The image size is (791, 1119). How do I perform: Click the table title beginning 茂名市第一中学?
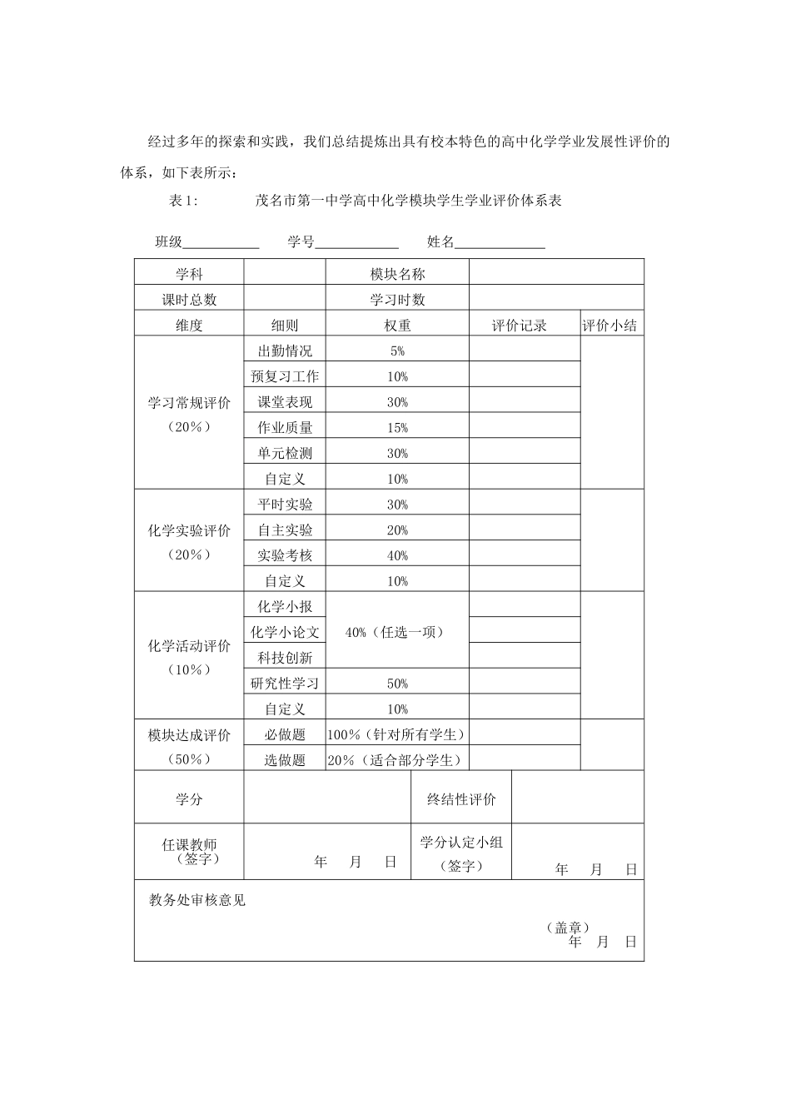[409, 201]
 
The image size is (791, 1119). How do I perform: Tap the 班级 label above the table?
[168, 242]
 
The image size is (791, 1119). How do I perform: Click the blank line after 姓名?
[500, 244]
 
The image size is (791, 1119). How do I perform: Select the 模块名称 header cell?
[397, 274]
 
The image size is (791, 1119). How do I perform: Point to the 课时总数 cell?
[189, 300]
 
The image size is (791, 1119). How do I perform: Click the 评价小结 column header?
[610, 326]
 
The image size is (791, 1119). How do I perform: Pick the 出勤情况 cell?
[285, 351]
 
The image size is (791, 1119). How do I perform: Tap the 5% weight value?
[397, 351]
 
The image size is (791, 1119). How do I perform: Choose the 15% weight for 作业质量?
[397, 428]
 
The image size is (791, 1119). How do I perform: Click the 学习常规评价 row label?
[189, 403]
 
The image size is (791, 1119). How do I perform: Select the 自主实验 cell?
[285, 530]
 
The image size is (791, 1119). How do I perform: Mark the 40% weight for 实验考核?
[397, 556]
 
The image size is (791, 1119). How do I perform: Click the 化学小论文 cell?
[285, 633]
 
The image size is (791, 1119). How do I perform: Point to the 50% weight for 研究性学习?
[397, 684]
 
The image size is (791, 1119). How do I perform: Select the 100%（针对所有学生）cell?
[396, 734]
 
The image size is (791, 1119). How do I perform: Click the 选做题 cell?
[285, 760]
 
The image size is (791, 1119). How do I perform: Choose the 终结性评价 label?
[461, 799]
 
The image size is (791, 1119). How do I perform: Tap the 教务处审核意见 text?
[197, 900]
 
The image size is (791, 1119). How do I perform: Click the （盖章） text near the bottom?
[569, 927]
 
